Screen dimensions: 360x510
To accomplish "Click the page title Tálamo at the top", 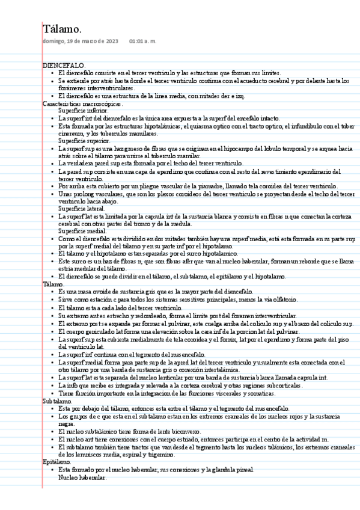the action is point(62,29).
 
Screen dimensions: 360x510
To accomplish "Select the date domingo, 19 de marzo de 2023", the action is point(81,41).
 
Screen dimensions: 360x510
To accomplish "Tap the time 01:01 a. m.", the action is point(142,41).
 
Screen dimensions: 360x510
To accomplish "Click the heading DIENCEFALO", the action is point(64,65).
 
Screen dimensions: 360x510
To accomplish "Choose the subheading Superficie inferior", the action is point(84,111).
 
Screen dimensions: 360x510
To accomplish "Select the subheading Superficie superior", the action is point(84,140).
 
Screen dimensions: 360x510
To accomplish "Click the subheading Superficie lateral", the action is point(82,208).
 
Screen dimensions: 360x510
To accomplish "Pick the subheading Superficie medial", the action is point(82,231).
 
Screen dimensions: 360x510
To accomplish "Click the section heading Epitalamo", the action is point(57,462).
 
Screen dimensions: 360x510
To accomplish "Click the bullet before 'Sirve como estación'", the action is point(52,299).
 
